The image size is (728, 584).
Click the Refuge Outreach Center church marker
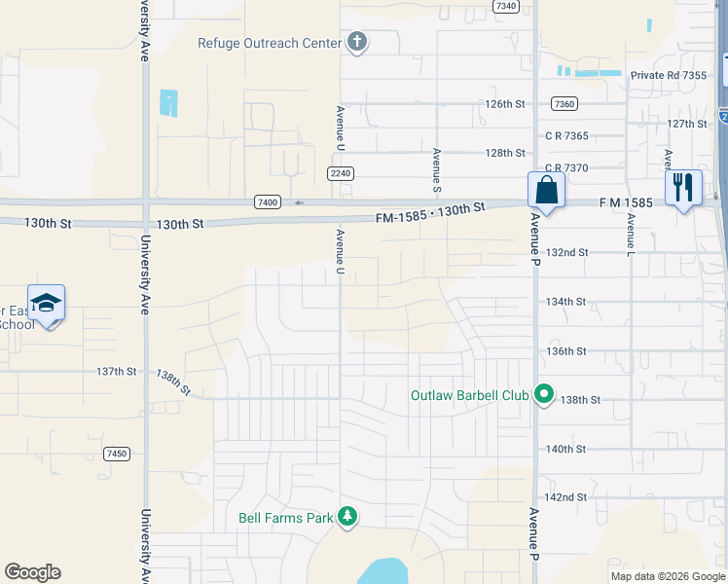coord(358,43)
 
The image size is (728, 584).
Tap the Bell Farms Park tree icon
coord(347,518)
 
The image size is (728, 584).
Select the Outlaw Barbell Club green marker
coord(544,396)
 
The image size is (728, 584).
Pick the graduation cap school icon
coord(47,304)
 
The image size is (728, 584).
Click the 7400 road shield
coord(269,201)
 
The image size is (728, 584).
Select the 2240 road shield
coord(339,173)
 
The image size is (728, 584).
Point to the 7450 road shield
coord(117,454)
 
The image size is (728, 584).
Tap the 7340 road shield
coord(506,6)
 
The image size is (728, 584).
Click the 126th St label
coord(505,103)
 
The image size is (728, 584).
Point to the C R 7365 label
coord(569,136)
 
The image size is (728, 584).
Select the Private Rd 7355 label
coord(669,75)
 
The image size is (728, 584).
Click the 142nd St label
coord(565,497)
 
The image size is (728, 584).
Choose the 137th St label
coord(116,371)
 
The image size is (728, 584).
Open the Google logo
coord(32,572)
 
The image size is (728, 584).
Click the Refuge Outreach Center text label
coord(270,43)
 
